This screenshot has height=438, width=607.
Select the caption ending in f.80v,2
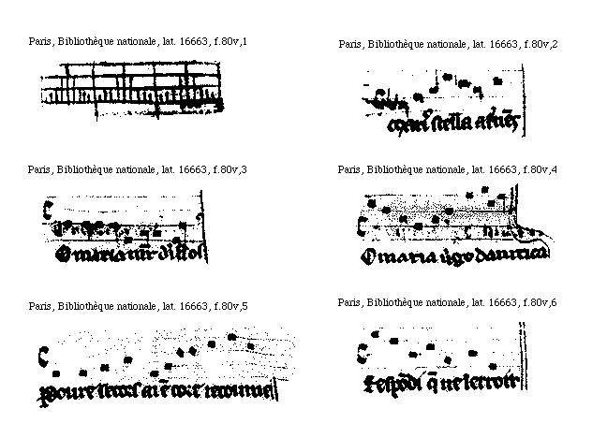click(x=448, y=43)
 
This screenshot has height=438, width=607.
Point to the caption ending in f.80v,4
click(x=448, y=169)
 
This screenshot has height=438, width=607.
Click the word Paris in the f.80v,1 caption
click(x=39, y=43)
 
